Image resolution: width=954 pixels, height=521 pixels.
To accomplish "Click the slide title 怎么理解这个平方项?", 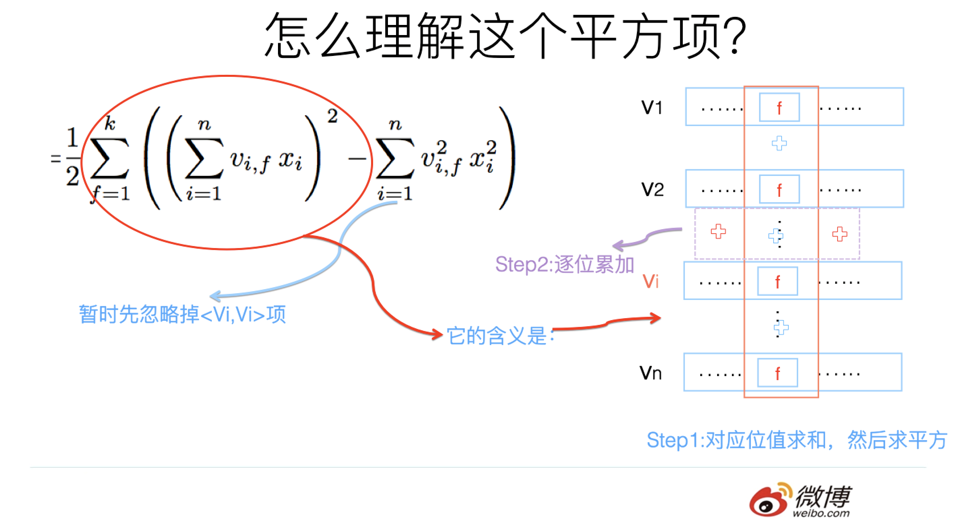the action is coord(506,36).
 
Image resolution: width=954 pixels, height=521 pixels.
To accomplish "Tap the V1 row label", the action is coord(651,107).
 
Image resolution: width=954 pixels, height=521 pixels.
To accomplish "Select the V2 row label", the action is coord(652,189).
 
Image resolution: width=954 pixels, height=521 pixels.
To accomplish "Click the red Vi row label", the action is coord(650,281).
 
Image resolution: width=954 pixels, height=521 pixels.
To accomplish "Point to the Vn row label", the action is coord(650,373).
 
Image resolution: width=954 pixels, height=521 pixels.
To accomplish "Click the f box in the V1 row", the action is coord(779,107).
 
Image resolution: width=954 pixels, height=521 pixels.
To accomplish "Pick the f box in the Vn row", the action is coord(777,373).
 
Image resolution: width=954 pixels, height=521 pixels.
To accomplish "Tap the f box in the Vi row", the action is coord(777,281).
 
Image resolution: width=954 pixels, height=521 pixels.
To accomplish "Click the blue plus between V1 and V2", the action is coord(779,143).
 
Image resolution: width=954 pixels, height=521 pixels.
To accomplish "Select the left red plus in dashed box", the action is coord(718,231).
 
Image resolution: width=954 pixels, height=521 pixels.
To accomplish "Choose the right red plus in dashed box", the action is coord(840,234).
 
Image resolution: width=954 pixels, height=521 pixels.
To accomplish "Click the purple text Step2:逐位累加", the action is coord(565,265).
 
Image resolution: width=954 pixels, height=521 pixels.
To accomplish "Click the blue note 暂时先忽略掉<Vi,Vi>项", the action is coord(182,314).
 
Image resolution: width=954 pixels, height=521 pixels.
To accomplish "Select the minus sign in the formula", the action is coord(356,159).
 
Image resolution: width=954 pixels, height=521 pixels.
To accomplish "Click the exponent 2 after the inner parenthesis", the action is coord(332,116).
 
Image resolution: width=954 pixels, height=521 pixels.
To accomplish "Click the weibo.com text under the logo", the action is coord(821,513).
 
